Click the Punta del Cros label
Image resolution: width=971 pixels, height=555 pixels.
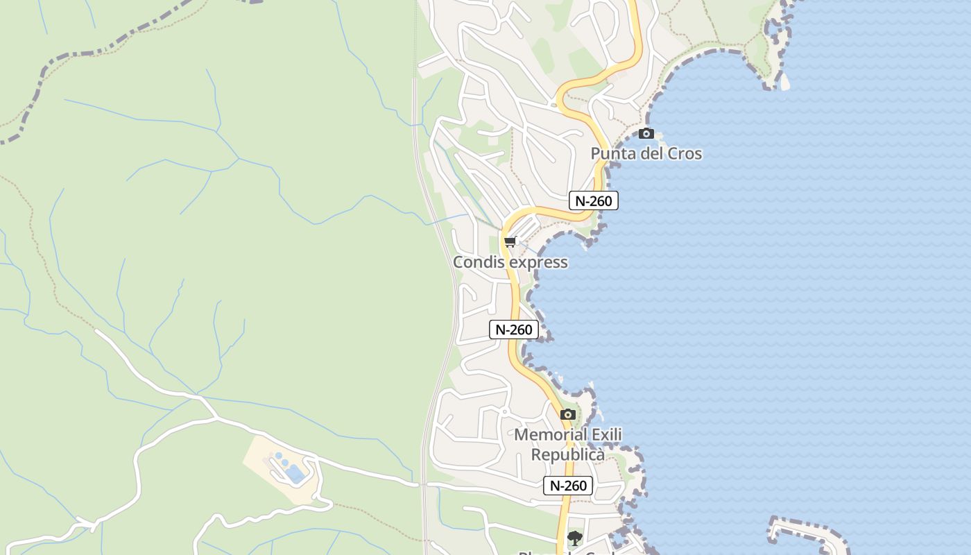[x=646, y=153]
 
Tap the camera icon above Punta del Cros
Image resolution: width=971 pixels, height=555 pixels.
[x=646, y=133]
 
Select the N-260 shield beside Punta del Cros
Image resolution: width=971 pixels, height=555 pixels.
[x=593, y=200]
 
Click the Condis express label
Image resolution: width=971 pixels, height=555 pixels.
[x=510, y=262]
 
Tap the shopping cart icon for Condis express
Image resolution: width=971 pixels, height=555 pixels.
[x=510, y=241]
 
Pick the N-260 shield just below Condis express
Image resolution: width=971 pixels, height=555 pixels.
[x=514, y=330]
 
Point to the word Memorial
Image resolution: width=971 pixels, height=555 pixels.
[x=549, y=435]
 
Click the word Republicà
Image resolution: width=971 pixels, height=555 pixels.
[x=568, y=454]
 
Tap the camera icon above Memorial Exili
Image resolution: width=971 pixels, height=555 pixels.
[x=568, y=414]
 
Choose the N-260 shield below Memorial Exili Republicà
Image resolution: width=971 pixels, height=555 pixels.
[x=568, y=486]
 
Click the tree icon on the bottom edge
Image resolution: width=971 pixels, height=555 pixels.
[x=574, y=538]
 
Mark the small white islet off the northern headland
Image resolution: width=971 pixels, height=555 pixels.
[x=785, y=83]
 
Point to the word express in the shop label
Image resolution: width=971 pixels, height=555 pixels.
[x=538, y=262]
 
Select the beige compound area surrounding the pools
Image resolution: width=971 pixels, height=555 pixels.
[x=264, y=458]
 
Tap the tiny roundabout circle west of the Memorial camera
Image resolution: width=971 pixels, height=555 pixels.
[x=505, y=412]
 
